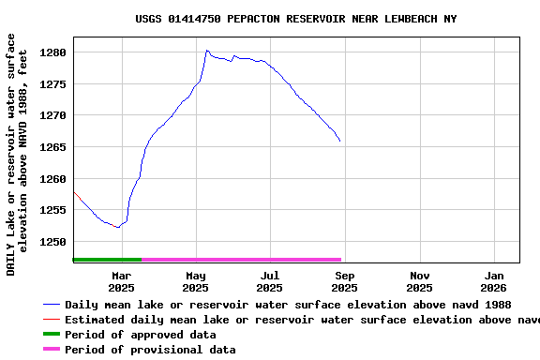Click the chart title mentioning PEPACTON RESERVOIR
click(296, 19)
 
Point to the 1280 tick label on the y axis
click(53, 52)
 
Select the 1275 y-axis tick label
click(53, 84)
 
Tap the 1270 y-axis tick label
click(53, 116)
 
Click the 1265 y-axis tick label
click(53, 147)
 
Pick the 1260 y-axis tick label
click(53, 179)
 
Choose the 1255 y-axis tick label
click(53, 211)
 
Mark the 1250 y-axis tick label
click(53, 242)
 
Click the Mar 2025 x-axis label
click(121, 281)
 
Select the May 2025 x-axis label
click(196, 281)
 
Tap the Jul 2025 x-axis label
click(270, 281)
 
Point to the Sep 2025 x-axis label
click(345, 281)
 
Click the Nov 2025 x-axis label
click(419, 281)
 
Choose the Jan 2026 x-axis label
click(494, 281)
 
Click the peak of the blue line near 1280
click(206, 51)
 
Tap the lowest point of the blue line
click(117, 227)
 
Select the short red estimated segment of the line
click(74, 193)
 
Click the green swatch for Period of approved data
click(51, 335)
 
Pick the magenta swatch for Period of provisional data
click(51, 350)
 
